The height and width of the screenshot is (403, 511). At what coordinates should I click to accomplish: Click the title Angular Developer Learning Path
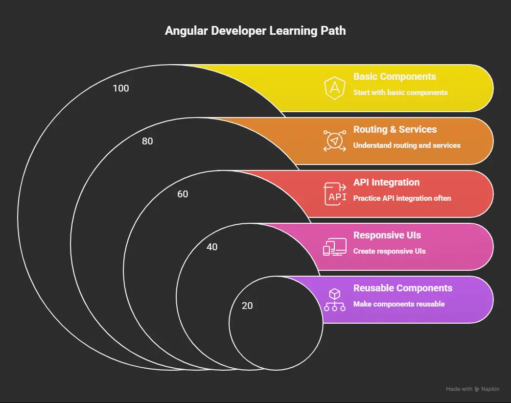coord(255,31)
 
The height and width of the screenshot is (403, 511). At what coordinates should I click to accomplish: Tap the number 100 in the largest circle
coord(121,88)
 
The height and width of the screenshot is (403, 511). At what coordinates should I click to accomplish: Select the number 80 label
coord(147,141)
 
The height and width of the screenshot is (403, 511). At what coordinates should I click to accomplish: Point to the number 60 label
coord(183,194)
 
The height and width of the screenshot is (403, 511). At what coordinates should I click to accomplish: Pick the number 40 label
coord(212,247)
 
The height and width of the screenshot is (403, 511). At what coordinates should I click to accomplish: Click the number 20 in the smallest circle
coord(247,306)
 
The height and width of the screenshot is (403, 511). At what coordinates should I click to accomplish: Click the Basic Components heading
coord(395,76)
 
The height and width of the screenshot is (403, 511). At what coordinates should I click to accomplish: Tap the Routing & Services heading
coord(395,129)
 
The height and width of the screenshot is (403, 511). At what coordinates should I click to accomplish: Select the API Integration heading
coord(387,182)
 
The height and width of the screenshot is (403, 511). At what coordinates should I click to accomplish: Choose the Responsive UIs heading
coord(387,235)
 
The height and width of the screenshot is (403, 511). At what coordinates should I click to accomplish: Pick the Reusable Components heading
coord(403,288)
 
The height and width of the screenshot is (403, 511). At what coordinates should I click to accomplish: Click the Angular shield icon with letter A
coord(335,88)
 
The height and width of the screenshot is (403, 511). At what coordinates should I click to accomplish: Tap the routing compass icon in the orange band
coord(335,141)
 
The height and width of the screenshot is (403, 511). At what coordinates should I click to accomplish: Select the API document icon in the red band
coord(335,194)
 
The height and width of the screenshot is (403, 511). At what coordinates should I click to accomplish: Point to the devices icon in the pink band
coord(335,247)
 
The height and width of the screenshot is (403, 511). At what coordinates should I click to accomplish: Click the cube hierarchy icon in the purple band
coord(335,300)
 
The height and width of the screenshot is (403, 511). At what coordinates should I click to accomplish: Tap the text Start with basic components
coord(400,93)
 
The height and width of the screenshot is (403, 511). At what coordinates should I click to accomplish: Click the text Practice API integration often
coord(402,198)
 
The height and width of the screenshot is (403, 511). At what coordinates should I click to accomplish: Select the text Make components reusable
coord(399,304)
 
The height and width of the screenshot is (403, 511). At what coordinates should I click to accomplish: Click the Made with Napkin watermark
coord(472,389)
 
